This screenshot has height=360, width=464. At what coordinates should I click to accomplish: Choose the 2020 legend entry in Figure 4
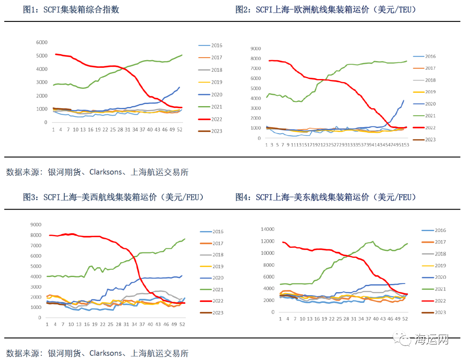click(440, 278)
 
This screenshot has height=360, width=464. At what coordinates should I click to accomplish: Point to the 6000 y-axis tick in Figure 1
click(42, 43)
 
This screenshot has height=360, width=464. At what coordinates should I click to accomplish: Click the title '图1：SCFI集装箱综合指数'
click(71, 10)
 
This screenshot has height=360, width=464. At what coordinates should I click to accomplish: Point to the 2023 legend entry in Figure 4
click(440, 313)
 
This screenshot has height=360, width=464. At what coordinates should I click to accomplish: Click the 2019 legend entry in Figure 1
click(217, 82)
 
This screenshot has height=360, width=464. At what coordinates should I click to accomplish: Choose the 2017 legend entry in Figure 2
click(430, 68)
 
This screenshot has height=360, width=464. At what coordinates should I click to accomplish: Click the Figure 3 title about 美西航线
click(113, 197)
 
